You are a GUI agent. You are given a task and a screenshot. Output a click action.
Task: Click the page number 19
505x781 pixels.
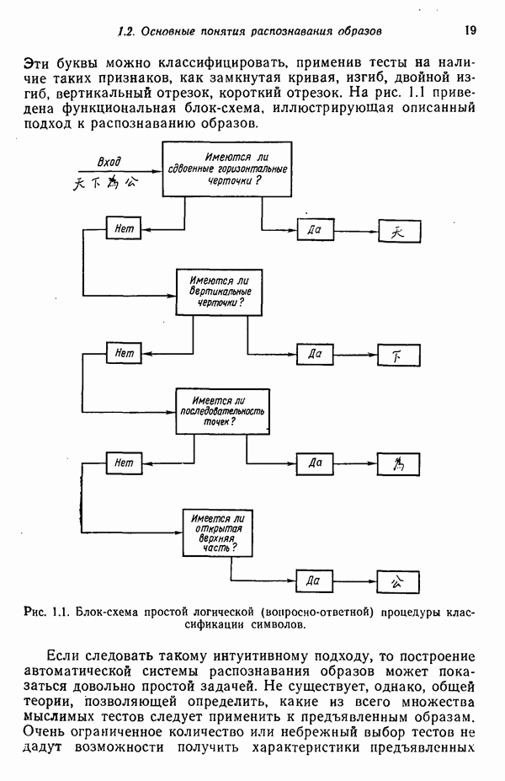tap(470, 31)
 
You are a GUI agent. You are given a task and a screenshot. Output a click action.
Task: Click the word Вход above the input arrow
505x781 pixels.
tap(109, 162)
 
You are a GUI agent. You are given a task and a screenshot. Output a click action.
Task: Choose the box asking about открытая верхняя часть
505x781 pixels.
tap(216, 532)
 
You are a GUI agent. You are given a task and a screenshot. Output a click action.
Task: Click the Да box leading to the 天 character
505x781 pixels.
tap(316, 230)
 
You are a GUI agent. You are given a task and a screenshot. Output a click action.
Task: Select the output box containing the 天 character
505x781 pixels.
tap(399, 232)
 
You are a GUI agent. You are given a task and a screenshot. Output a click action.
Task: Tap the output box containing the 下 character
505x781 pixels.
tap(399, 356)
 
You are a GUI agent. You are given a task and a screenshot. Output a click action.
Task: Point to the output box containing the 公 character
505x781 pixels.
tap(399, 581)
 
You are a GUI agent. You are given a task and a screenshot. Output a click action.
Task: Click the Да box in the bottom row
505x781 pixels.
tap(316, 580)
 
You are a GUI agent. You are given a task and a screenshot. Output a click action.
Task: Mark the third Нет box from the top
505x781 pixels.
tap(125, 463)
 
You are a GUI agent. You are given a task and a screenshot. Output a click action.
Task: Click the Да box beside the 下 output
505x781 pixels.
tap(316, 355)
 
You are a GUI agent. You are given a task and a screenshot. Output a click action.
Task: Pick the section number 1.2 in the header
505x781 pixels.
tap(127, 31)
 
